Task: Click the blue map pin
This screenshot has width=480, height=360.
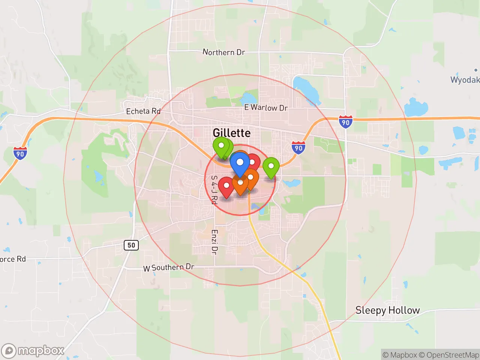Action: click(x=240, y=163)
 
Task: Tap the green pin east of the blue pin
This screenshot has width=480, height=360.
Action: click(x=271, y=166)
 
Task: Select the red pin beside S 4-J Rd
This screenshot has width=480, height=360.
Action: click(x=226, y=186)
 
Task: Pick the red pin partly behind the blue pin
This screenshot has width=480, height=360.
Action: click(x=253, y=162)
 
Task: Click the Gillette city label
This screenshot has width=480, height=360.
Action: click(x=231, y=133)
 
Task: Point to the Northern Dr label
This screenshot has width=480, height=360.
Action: click(x=223, y=52)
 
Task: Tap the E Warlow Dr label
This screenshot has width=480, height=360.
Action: click(x=266, y=108)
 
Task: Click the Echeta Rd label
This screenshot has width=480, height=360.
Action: click(x=143, y=111)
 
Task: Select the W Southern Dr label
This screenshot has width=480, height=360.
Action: click(x=169, y=267)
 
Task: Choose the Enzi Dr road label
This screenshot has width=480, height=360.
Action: click(x=214, y=242)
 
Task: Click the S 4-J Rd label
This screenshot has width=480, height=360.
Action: click(x=214, y=190)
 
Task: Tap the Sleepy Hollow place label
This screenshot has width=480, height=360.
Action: click(x=387, y=310)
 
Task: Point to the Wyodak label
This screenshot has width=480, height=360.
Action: click(x=465, y=79)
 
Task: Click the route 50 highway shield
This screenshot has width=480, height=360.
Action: click(x=131, y=245)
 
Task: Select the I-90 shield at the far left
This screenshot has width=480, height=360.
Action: click(x=20, y=153)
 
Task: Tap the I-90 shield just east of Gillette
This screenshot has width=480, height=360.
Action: click(x=298, y=147)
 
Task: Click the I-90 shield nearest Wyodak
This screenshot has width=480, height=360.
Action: click(x=345, y=122)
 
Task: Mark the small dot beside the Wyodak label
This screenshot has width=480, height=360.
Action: click(x=476, y=70)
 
